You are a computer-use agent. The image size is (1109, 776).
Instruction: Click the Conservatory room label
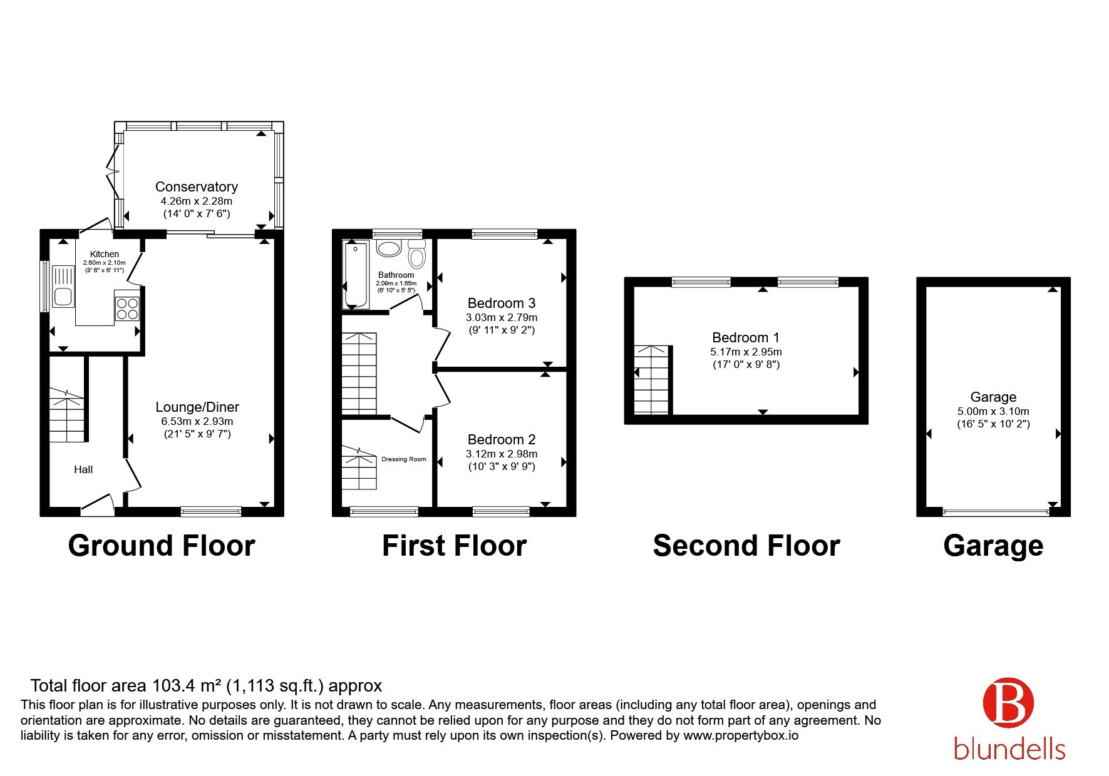coord(196,186)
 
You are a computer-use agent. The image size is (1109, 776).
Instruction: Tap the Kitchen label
coord(105,254)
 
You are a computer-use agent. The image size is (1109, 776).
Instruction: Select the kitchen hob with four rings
coord(127,308)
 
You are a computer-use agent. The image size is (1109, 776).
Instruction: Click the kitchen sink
coord(63,288)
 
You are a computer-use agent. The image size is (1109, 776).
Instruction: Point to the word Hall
coord(83,469)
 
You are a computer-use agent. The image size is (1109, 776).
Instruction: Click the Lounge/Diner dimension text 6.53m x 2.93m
coord(197,421)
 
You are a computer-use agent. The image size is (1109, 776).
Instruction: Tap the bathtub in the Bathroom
coord(356,275)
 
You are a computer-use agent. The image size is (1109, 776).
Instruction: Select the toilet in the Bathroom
coord(416,254)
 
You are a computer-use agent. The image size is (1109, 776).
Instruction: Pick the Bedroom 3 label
coord(502,303)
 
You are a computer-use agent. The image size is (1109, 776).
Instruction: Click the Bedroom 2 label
coord(502,439)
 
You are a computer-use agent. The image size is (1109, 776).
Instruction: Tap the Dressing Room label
coord(404,459)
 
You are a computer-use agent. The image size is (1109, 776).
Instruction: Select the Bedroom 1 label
coord(746,338)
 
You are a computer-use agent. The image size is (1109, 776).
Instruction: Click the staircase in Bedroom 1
coord(653,380)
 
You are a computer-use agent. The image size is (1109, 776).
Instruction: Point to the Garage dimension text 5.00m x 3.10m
coord(993,411)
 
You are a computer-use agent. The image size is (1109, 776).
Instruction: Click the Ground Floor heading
coord(162,546)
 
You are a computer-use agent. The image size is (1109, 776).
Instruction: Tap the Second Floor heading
coord(746,546)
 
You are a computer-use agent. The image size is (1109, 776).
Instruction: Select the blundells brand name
coord(1009,748)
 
